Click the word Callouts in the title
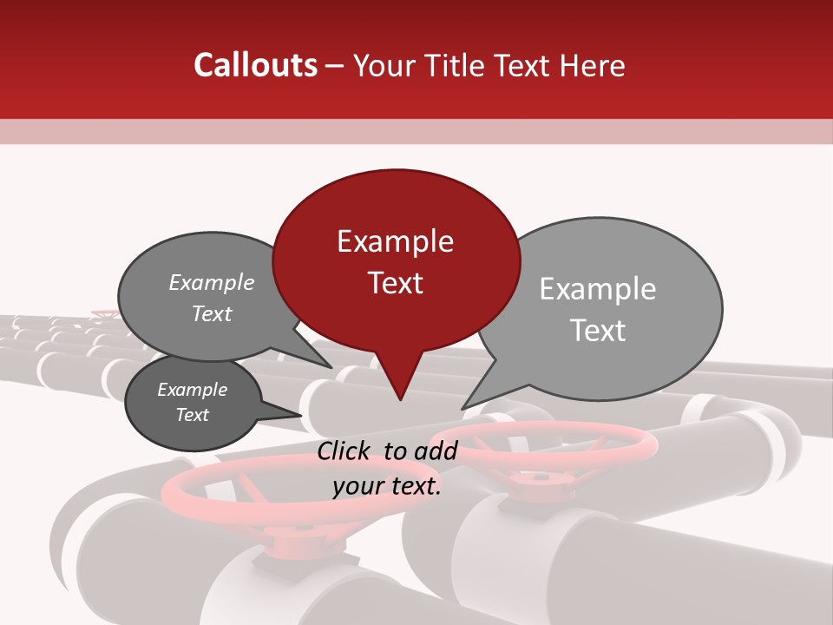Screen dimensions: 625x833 tap(255, 65)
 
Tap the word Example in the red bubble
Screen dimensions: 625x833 tap(395, 241)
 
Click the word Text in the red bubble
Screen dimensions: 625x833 tap(395, 283)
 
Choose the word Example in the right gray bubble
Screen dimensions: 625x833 tap(598, 289)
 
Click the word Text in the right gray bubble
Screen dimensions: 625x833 tap(598, 331)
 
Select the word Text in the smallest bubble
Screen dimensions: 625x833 tap(193, 415)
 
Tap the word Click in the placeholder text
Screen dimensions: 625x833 tap(346, 451)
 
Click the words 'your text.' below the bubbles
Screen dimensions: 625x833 tap(387, 486)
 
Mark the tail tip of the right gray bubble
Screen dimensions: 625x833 tap(462, 408)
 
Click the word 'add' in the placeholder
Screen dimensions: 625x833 tap(436, 451)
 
